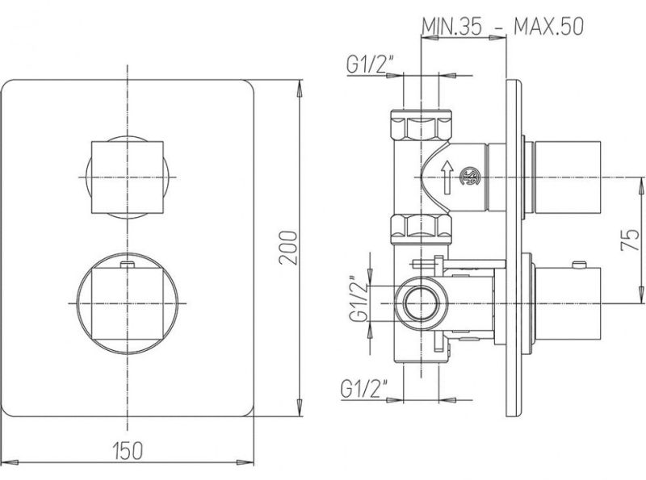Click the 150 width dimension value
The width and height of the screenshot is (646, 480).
[128, 450]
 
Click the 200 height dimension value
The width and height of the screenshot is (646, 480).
[287, 248]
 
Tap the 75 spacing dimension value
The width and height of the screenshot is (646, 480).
[630, 240]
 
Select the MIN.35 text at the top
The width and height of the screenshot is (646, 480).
[451, 27]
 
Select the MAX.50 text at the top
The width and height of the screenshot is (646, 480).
[548, 27]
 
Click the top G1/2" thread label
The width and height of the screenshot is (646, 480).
[370, 65]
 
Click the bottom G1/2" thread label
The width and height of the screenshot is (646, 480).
[364, 388]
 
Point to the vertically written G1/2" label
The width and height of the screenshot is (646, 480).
[358, 298]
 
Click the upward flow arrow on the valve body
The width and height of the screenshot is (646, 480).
[447, 177]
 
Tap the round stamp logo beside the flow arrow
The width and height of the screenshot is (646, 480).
[469, 176]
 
